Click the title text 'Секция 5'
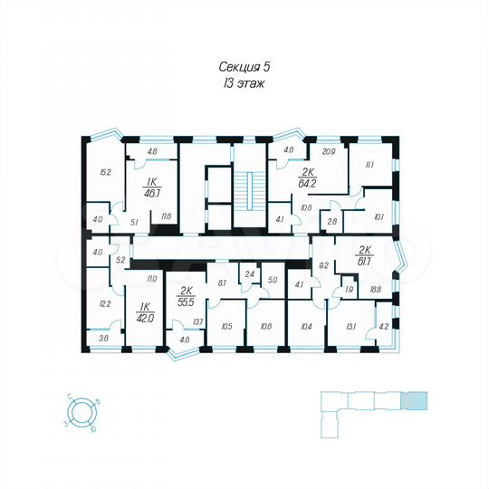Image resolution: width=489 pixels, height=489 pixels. click(x=244, y=66)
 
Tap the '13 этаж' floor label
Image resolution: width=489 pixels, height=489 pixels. click(x=244, y=82)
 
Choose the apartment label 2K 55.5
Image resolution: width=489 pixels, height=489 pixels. click(x=186, y=296)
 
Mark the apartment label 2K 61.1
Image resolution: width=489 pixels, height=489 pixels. click(x=365, y=256)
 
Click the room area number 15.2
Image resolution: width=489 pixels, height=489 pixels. click(x=104, y=171)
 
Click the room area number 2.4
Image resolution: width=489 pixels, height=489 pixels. click(x=249, y=273)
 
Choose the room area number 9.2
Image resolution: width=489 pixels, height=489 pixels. click(x=322, y=265)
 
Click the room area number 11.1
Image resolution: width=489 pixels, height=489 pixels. click(x=369, y=166)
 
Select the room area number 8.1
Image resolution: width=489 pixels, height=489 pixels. click(x=222, y=283)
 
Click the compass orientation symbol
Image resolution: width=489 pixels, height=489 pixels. click(x=83, y=412)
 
